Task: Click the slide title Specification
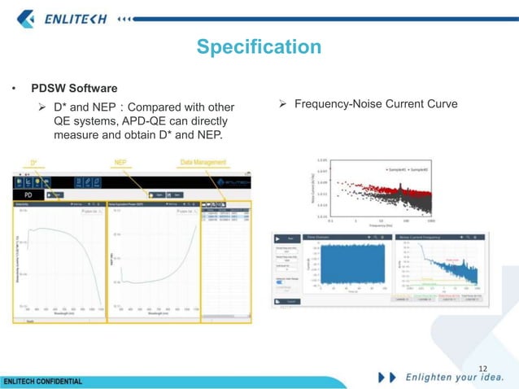pos(259,47)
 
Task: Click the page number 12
pos(483,369)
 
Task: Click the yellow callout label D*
pos(35,163)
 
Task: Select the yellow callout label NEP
pos(120,163)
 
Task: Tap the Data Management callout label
pos(203,163)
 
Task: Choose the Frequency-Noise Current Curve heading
pos(376,104)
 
